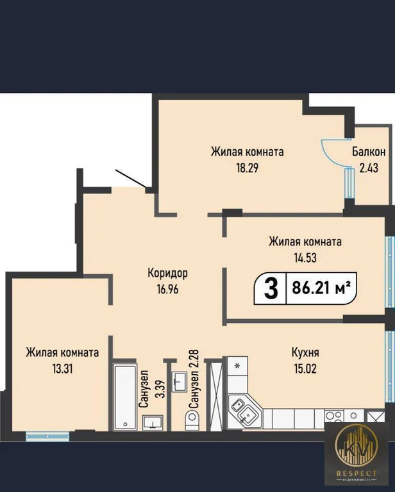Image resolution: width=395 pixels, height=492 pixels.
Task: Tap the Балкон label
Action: pos(368,152)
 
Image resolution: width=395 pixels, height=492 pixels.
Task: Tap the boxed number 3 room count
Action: pos(271,290)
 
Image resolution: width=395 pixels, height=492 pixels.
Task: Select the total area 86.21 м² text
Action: pos(321,290)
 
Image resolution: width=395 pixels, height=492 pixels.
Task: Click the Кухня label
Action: pos(305,352)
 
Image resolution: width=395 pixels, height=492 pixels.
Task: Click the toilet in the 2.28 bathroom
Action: pos(192,420)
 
